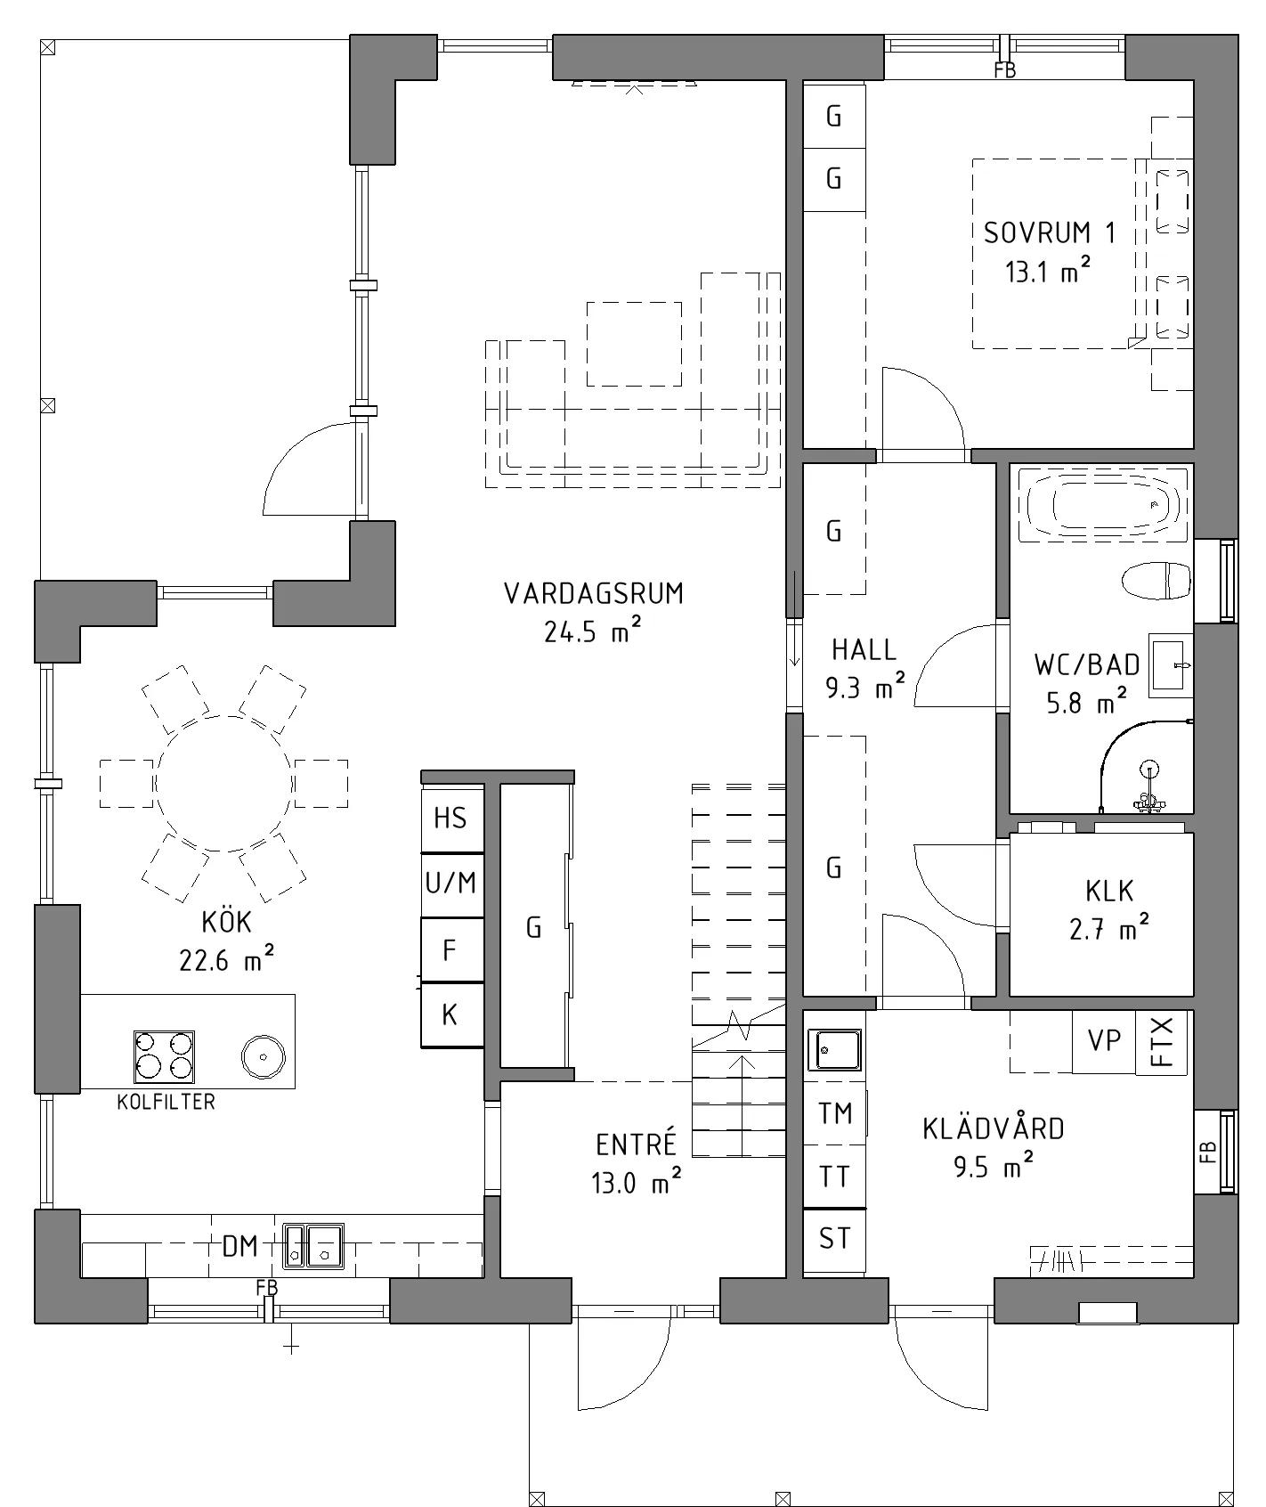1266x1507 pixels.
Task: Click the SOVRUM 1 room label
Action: coord(1049,232)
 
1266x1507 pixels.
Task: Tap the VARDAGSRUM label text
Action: coord(594,593)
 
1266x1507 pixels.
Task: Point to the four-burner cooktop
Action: coord(164,1056)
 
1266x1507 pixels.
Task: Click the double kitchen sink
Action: coord(313,1245)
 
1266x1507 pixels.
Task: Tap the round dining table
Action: coord(223,784)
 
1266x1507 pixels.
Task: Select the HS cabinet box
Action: coord(452,819)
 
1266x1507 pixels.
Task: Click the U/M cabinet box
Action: coord(452,884)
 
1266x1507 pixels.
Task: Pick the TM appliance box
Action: coord(834,1113)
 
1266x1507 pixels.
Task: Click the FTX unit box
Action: coord(1163,1041)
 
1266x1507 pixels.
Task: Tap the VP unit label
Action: coord(1105,1040)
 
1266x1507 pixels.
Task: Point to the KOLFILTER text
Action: coord(166,1102)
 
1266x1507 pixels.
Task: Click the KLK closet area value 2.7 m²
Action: coord(1109,929)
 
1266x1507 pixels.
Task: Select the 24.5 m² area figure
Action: coord(593,631)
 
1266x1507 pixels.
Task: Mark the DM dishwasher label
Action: coord(239,1246)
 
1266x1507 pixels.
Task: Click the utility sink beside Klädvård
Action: coord(834,1048)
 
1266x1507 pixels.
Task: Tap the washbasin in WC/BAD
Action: coord(1170,665)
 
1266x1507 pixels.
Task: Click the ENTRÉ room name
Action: coord(637,1144)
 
